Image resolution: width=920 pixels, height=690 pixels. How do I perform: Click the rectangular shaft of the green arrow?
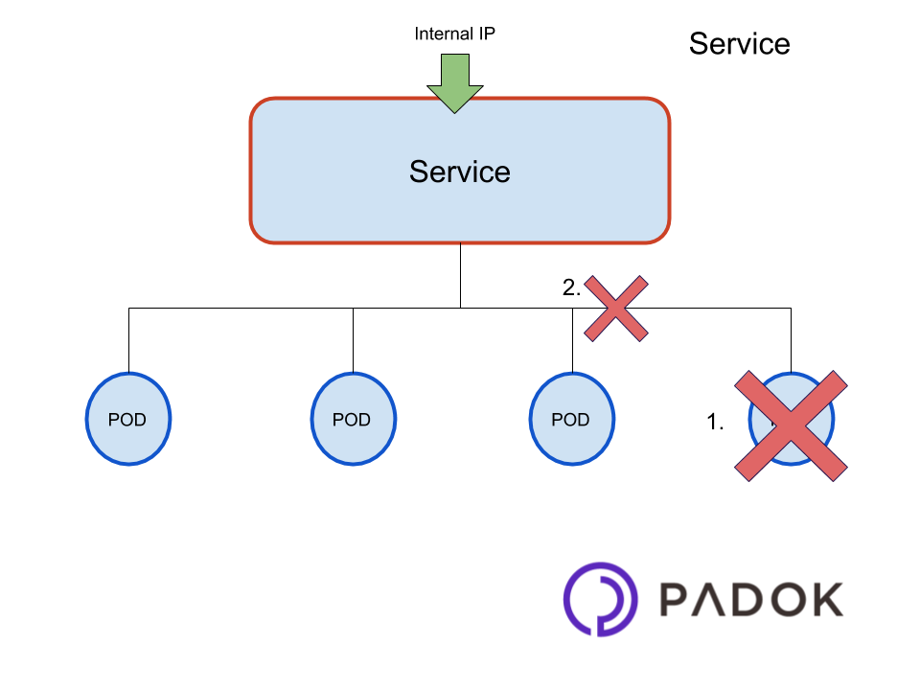click(x=455, y=70)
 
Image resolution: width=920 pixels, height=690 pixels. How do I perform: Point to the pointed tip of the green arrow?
click(x=455, y=109)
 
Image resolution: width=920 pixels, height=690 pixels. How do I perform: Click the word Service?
click(x=459, y=172)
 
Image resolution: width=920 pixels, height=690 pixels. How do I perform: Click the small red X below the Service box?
click(x=616, y=309)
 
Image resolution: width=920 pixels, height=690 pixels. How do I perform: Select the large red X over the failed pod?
click(x=792, y=425)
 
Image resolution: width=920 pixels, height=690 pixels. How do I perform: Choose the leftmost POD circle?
click(x=127, y=419)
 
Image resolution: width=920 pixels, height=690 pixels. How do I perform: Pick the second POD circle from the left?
click(x=353, y=419)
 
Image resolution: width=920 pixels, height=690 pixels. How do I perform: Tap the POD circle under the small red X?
click(x=571, y=419)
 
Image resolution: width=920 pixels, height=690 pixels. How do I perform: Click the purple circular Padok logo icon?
click(x=600, y=599)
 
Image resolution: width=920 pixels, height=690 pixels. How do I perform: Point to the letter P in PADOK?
click(x=676, y=599)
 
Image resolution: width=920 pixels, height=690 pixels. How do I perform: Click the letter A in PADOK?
click(x=714, y=600)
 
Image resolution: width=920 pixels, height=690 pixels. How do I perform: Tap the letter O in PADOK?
click(x=788, y=599)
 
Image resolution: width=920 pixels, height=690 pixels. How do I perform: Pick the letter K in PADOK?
click(x=825, y=599)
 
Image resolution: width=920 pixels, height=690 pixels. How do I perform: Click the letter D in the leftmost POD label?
click(x=140, y=420)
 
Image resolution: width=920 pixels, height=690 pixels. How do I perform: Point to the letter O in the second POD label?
click(x=351, y=420)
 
